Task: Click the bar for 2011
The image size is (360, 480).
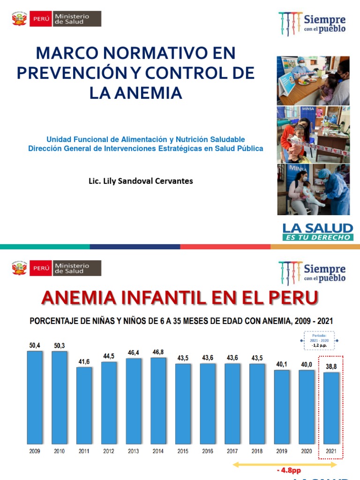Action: [x=84, y=405]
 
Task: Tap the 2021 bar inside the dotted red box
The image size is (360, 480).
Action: [x=330, y=408]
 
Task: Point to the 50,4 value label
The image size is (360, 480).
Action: [x=35, y=345]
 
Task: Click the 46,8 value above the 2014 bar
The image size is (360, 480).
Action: [x=158, y=352]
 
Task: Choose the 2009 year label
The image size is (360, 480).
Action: [x=35, y=451]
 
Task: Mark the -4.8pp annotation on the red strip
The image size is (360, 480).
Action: [x=285, y=471]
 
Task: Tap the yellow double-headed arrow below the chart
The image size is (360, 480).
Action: [x=285, y=465]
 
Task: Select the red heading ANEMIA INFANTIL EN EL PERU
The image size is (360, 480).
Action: [x=180, y=297]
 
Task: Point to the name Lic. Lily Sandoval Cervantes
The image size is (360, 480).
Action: [x=141, y=181]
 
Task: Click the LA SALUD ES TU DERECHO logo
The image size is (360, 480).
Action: [x=317, y=232]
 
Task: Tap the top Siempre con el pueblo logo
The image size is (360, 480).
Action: [x=312, y=23]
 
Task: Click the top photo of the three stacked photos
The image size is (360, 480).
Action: [x=313, y=81]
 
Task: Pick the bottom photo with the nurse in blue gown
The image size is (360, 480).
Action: [x=313, y=189]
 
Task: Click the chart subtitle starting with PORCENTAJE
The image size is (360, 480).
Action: [x=181, y=321]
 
